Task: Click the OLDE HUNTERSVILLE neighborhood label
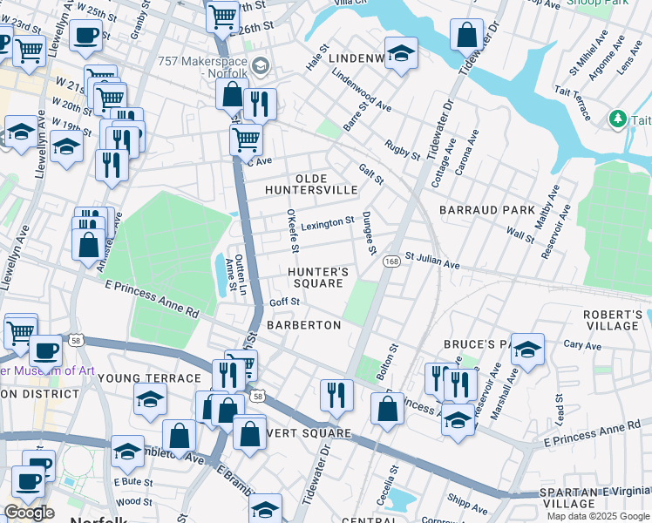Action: [310, 182]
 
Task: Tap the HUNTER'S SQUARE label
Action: [318, 277]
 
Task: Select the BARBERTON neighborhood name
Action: [303, 324]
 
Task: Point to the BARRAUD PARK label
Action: [486, 210]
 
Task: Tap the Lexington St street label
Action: [328, 223]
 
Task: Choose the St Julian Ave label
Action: [431, 261]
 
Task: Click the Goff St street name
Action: [284, 302]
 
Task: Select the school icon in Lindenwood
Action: [401, 53]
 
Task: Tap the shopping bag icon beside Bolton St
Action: [387, 408]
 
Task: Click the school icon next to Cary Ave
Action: [527, 350]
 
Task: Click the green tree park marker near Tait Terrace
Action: [618, 118]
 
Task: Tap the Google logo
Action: [29, 513]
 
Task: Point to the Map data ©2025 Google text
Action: [597, 516]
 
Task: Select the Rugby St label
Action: [404, 149]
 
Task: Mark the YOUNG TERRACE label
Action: [149, 378]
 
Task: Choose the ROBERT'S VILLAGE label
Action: [613, 320]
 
